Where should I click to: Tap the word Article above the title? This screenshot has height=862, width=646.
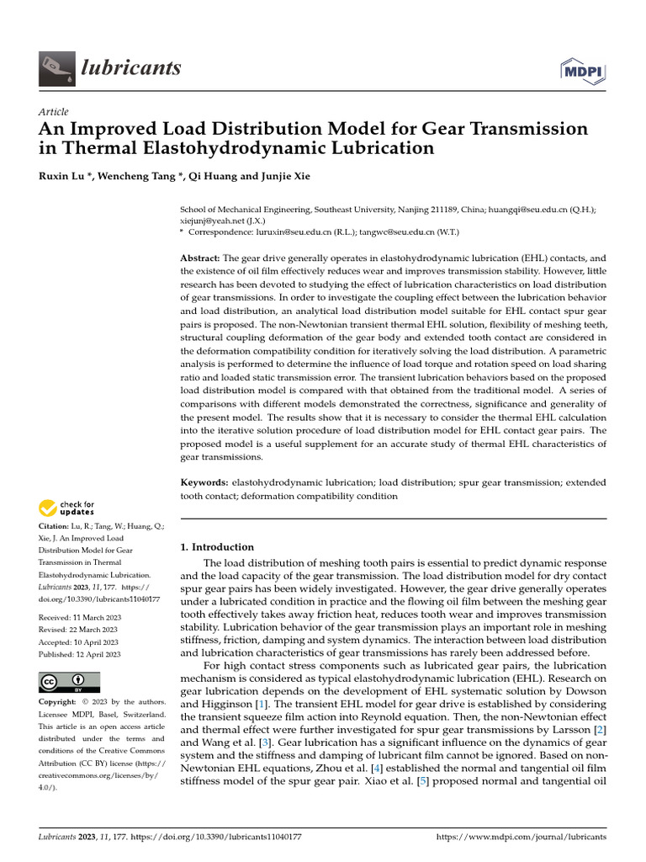(54, 112)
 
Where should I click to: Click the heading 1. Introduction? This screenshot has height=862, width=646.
(217, 547)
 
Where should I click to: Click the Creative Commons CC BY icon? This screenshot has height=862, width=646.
(69, 681)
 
